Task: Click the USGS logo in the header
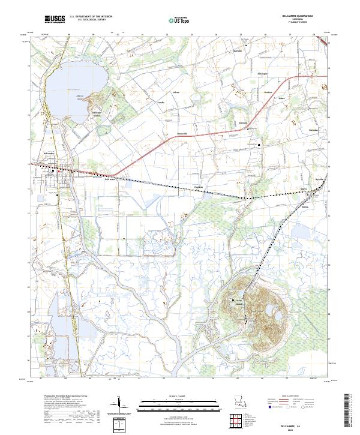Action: (55, 19)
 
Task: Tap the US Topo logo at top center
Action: (174, 20)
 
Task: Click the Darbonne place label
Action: (243, 123)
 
